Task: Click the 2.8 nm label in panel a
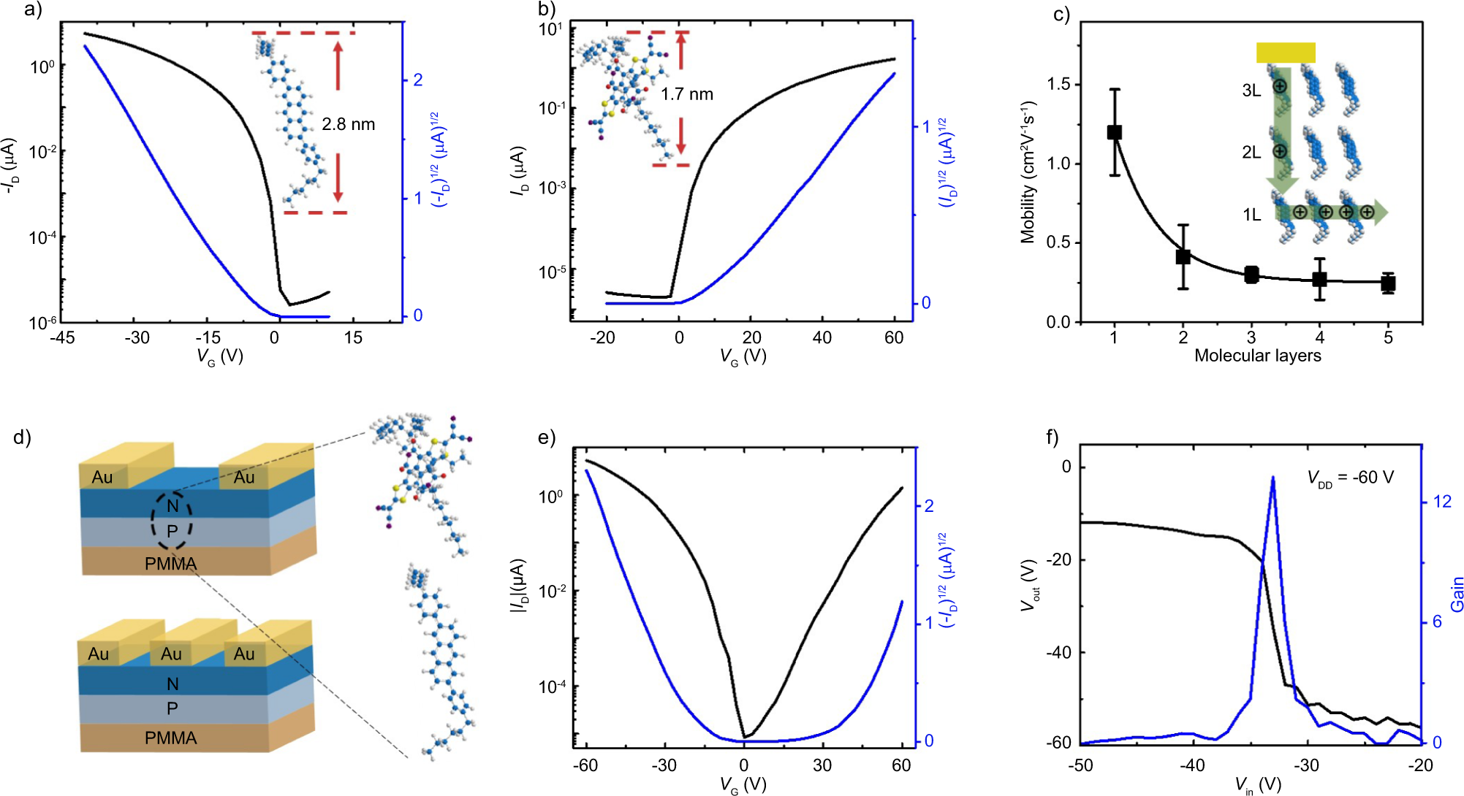(x=348, y=124)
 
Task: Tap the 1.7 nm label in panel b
(x=686, y=94)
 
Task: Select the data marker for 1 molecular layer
(x=1114, y=132)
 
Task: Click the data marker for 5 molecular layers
(x=1388, y=283)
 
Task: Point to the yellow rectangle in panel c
(x=1286, y=53)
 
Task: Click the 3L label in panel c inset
(x=1251, y=91)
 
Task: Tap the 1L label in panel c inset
(x=1251, y=215)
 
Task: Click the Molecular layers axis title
(x=1257, y=356)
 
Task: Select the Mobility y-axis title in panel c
(x=1028, y=172)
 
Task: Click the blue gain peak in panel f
(x=1273, y=478)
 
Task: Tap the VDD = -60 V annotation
(x=1350, y=478)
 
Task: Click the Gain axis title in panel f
(x=1457, y=594)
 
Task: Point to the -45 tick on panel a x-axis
(x=62, y=337)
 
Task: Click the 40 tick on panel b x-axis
(x=822, y=337)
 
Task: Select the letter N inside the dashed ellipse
(x=172, y=505)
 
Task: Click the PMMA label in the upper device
(x=170, y=564)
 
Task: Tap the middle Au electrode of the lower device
(x=172, y=654)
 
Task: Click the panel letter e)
(x=547, y=437)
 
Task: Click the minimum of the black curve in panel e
(x=744, y=737)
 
